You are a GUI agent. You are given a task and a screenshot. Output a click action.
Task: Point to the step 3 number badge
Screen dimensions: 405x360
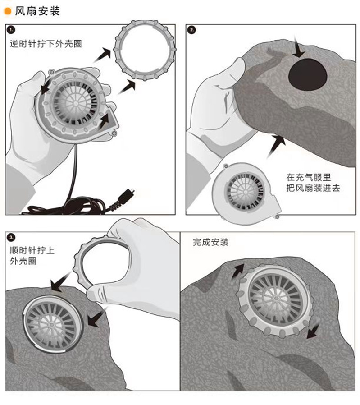(11, 236)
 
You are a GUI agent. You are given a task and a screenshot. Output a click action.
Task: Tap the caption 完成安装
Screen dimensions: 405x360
(211, 242)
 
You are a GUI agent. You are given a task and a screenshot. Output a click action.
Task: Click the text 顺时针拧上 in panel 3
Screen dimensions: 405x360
(32, 250)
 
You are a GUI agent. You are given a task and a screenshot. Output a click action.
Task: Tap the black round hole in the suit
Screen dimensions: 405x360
(308, 73)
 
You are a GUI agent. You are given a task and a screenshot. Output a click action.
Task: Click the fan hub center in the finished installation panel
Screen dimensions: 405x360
(273, 300)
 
